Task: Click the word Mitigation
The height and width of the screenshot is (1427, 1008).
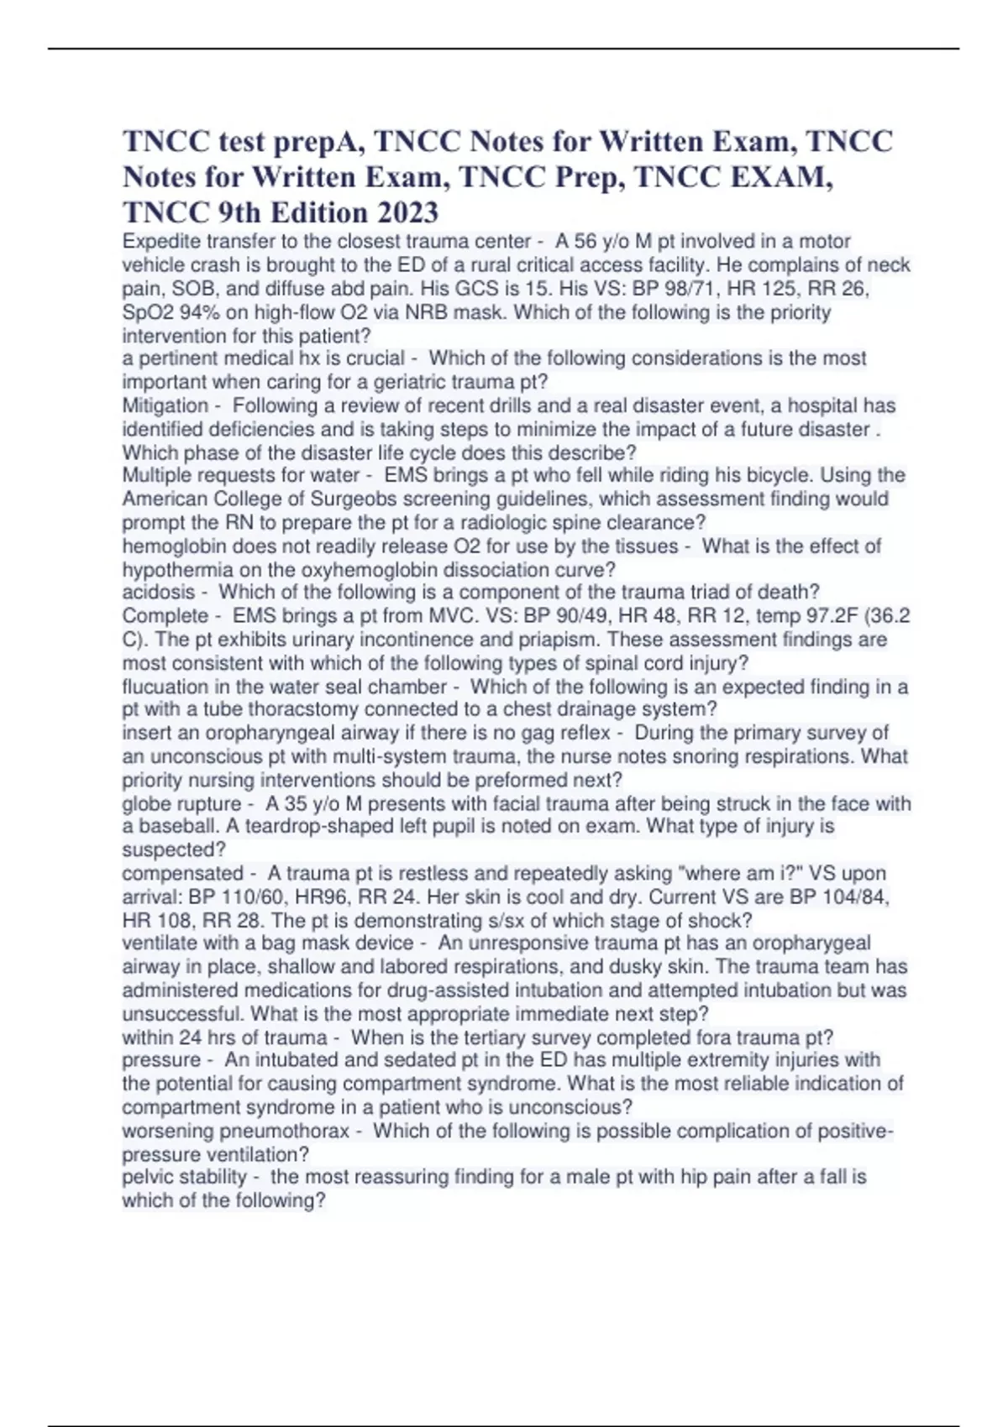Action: [165, 405]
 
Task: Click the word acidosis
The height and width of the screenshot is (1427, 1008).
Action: [158, 592]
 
